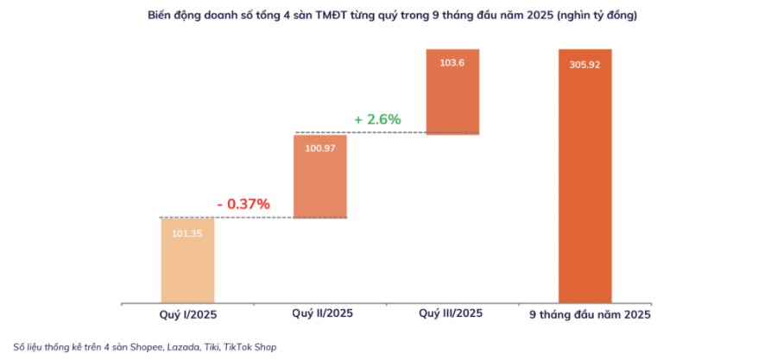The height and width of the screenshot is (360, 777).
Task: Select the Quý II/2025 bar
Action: [x=320, y=176]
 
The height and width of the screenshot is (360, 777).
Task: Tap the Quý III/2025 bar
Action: [x=452, y=92]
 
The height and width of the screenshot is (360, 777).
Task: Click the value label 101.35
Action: [x=187, y=233]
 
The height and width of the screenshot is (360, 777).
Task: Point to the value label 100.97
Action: [x=320, y=148]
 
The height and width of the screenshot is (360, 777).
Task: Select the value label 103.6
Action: [x=452, y=63]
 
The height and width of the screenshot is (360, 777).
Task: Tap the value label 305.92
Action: [x=585, y=66]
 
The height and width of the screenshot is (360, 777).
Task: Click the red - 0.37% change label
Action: [x=243, y=204]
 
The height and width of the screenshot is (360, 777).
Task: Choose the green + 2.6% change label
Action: [x=377, y=119]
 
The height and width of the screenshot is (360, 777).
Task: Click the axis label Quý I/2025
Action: [x=187, y=314]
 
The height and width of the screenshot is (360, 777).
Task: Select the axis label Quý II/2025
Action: [x=322, y=313]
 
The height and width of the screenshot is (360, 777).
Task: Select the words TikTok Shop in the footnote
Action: [x=250, y=347]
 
